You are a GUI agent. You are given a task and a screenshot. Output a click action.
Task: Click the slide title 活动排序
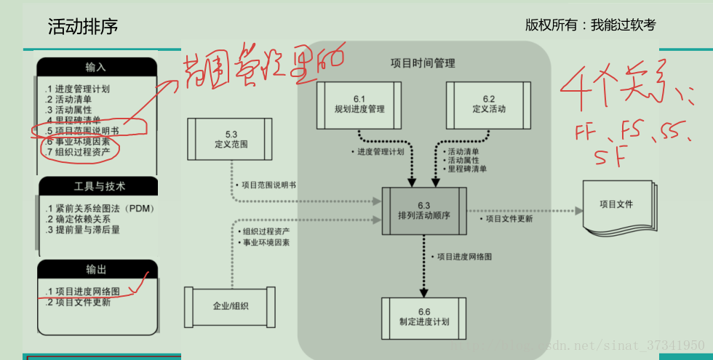tap(82, 27)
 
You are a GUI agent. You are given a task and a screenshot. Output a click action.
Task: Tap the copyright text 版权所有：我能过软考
tap(590, 25)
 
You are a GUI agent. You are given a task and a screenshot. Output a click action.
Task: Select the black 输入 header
tap(96, 67)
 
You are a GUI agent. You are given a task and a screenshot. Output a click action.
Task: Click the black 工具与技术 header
tap(96, 186)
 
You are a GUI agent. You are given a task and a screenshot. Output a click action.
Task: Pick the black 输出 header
tap(96, 269)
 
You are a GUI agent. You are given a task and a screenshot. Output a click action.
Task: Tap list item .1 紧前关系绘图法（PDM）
tap(97, 209)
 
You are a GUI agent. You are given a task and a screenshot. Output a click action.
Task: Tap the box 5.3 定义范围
tap(232, 139)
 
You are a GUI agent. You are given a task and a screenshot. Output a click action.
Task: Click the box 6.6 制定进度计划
tap(424, 317)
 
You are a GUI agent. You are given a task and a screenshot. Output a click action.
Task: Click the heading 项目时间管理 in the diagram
tap(423, 63)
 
